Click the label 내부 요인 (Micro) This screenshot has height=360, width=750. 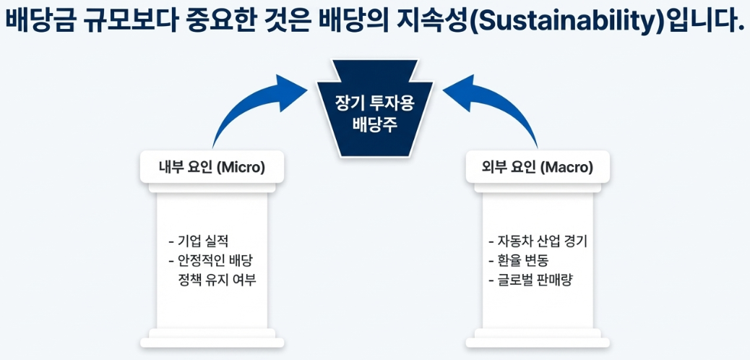pos(212,168)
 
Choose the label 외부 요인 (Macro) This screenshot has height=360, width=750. pos(538,168)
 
